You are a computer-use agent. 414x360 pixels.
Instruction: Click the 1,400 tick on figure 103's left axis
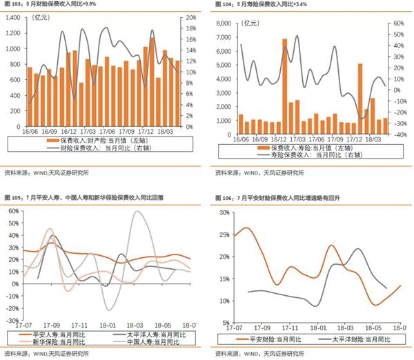[x=12, y=14]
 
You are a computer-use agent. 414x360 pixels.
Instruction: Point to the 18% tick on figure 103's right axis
[x=193, y=28]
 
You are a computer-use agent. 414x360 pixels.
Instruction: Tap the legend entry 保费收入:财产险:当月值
[x=106, y=140]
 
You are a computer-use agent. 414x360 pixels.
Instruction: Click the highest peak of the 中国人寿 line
[x=138, y=212]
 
